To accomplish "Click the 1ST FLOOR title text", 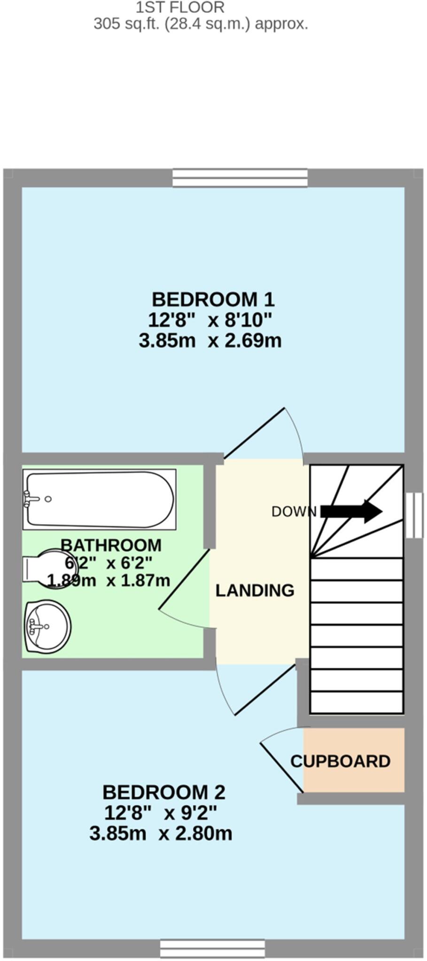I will coord(180,8).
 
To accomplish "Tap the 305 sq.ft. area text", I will coord(201,23).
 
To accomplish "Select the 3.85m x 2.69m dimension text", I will coord(210,340).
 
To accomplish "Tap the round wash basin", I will coord(47,627).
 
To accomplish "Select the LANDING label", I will coord(255,590).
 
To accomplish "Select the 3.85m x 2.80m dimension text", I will coord(161,834).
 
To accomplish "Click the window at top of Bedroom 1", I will coord(240,178).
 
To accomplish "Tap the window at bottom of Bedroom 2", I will coord(212,947).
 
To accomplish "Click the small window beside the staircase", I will coord(414,515).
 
